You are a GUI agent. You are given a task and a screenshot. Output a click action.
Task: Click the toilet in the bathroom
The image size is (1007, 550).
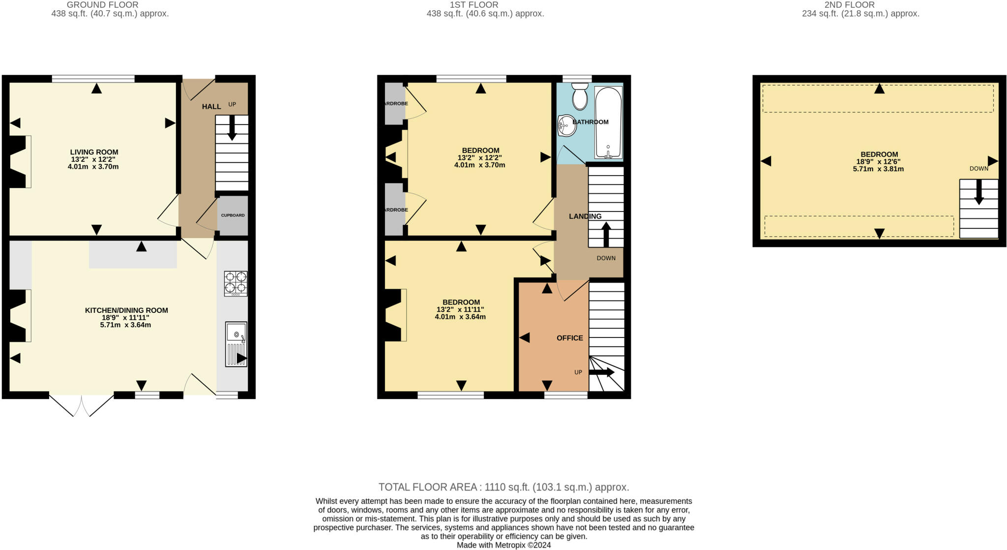pos(580,95)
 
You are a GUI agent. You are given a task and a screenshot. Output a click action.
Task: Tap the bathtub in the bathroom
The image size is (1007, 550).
pos(608,123)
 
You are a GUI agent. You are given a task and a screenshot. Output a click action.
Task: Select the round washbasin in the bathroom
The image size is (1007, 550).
pos(566,125)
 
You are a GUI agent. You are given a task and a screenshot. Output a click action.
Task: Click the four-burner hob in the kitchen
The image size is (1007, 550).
pos(236,283)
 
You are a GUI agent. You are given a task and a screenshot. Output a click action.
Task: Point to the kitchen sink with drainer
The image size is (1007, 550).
pos(236,344)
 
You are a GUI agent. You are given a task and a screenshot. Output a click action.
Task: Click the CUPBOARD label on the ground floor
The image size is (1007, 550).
pos(233,215)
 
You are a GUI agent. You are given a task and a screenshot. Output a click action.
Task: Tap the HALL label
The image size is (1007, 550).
pos(211,107)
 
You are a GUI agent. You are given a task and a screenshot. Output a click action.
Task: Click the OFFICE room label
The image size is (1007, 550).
pos(570,338)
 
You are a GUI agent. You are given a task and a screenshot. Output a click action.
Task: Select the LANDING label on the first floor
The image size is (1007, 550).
pos(585,216)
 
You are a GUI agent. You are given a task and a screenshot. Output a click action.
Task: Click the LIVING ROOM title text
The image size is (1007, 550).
pos(94,152)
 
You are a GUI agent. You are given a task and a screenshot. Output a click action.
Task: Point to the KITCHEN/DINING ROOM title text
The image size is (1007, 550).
pos(126,310)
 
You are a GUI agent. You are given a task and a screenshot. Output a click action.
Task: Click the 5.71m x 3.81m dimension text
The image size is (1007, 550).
pos(878,169)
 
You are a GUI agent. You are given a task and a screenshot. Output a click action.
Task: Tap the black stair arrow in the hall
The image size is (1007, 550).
pos(232,127)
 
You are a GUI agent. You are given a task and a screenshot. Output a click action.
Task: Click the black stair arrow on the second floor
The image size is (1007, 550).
pos(978,192)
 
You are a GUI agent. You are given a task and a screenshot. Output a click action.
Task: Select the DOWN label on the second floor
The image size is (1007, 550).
pos(978,169)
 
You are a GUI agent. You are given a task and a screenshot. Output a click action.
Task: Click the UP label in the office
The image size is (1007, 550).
pos(578,372)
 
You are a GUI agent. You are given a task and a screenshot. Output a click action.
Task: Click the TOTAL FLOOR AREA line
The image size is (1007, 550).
pos(503,487)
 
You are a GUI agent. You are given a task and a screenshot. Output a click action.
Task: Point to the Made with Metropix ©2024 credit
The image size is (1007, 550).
pos(503,545)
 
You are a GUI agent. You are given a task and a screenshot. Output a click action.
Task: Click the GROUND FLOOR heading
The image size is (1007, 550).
pos(103,5)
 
